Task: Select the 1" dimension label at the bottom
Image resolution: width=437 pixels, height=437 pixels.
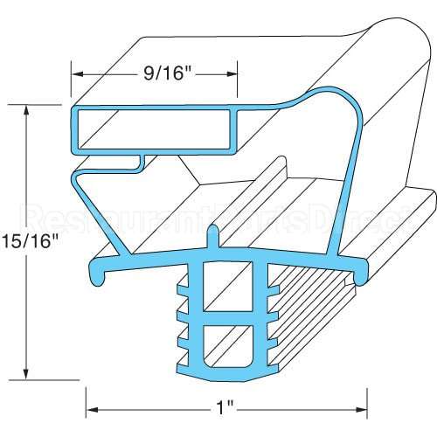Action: [x=226, y=407]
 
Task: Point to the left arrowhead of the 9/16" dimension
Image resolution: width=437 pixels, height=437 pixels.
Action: [x=76, y=75]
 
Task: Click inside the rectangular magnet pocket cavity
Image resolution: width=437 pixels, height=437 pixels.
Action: [x=153, y=128]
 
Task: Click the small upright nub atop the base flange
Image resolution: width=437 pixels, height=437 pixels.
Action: [x=215, y=238]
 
